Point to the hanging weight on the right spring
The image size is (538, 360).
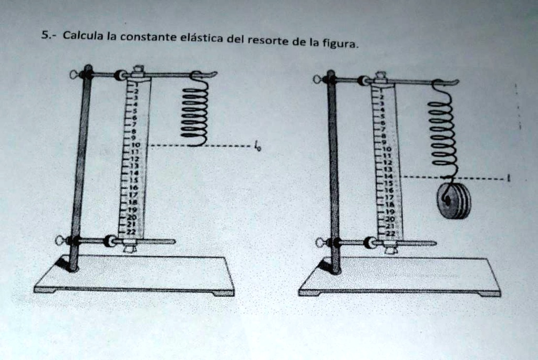click(x=454, y=200)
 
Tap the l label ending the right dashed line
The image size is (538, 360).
click(x=508, y=178)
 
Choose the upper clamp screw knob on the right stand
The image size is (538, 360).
click(x=317, y=79)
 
